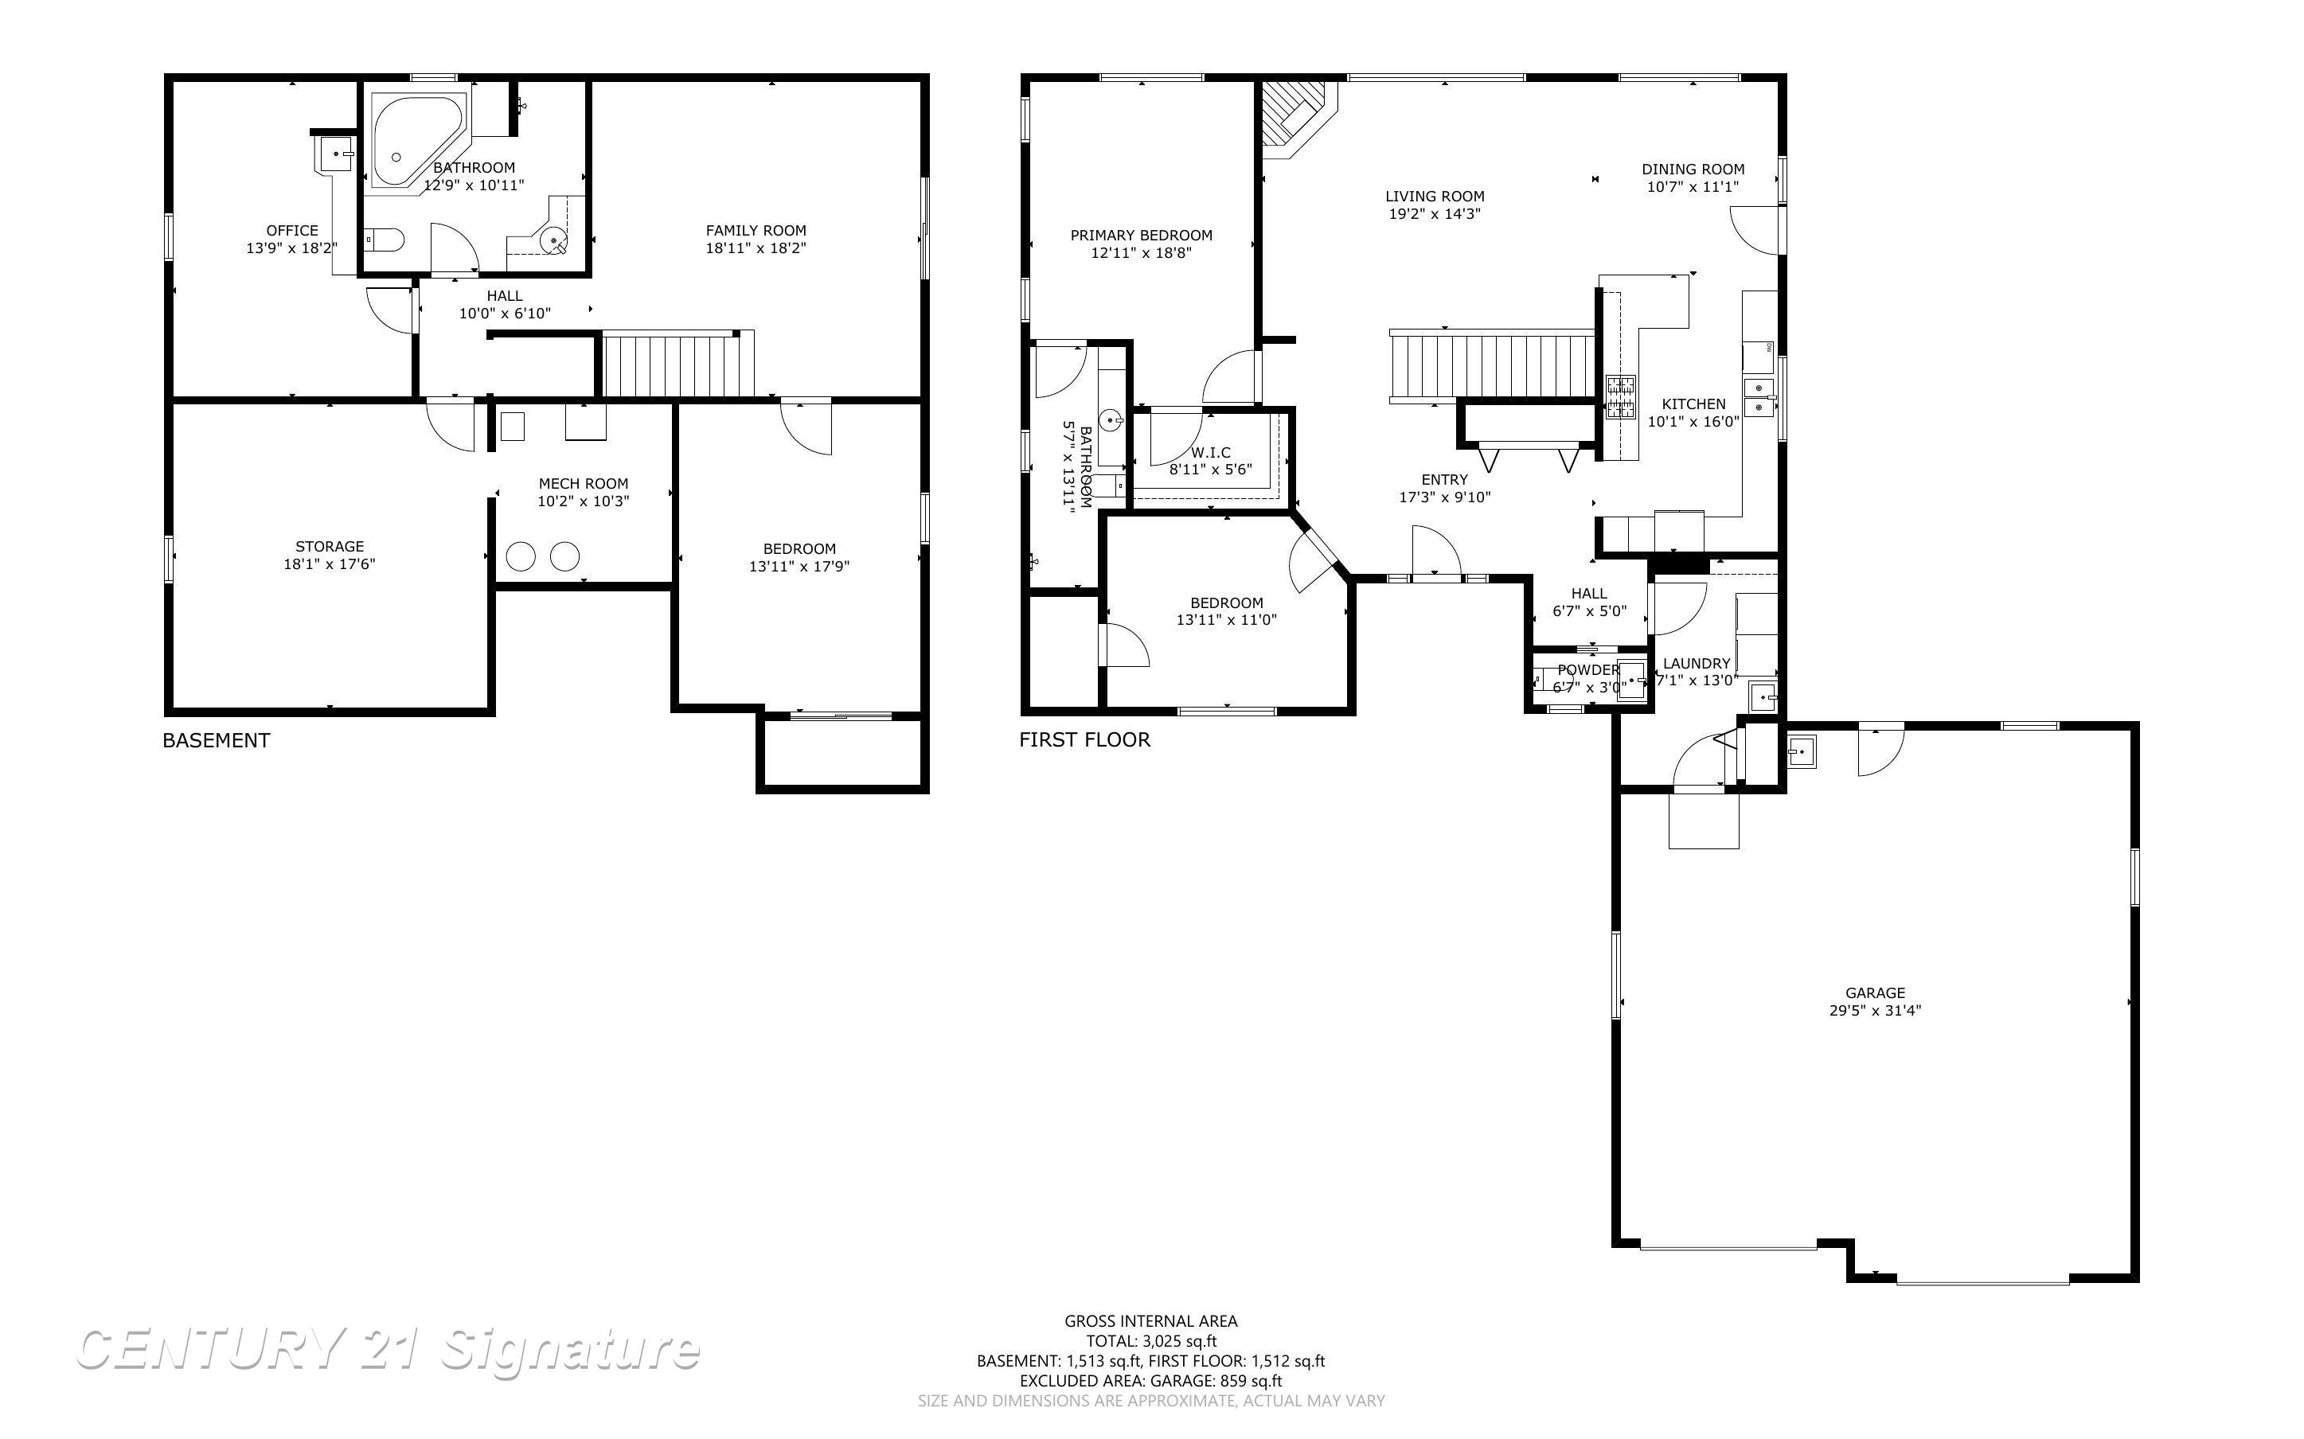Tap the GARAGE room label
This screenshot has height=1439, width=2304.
click(x=1875, y=992)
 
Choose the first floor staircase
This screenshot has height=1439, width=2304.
click(x=1491, y=365)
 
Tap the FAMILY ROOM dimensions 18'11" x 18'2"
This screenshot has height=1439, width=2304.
click(x=756, y=248)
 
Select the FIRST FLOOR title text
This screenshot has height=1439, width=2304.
click(x=1084, y=739)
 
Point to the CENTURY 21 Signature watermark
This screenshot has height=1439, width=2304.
click(x=389, y=1350)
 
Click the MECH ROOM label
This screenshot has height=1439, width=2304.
click(x=584, y=483)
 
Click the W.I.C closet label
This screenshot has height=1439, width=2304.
click(x=1211, y=452)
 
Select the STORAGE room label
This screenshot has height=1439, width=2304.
click(x=330, y=546)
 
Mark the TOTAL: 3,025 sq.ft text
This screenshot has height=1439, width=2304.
click(x=1150, y=1341)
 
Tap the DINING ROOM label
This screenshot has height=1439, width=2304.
click(x=1693, y=170)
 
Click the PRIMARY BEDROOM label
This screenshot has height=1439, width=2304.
click(x=1141, y=235)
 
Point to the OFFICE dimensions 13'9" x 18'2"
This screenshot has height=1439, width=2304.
click(x=292, y=248)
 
